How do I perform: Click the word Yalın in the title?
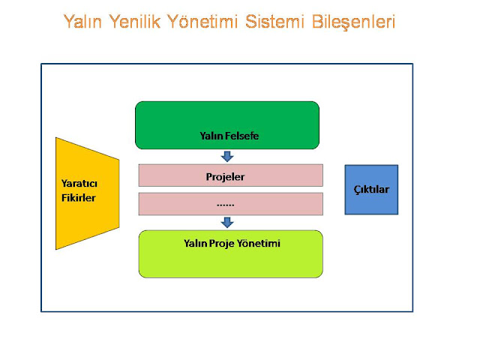[84, 22]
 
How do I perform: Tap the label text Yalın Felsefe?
[229, 136]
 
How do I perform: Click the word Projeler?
[226, 177]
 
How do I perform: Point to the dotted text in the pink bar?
[226, 204]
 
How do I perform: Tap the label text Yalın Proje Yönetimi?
[232, 243]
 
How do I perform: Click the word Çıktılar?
[371, 190]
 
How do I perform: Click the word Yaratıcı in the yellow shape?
[79, 184]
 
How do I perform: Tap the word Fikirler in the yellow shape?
[79, 198]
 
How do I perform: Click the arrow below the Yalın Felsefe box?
[227, 156]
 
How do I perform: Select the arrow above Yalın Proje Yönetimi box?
[227, 222]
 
